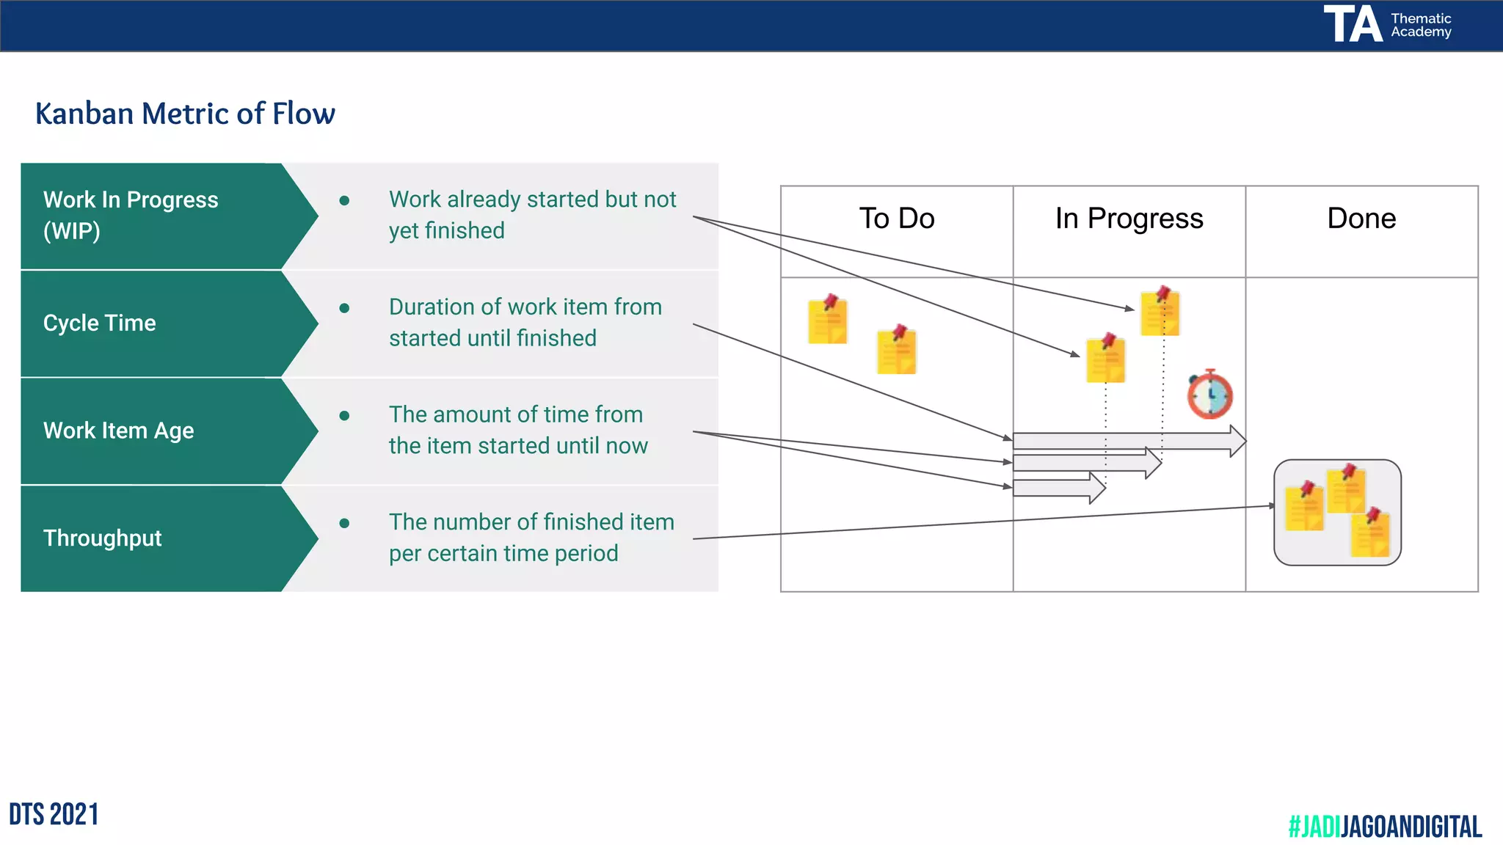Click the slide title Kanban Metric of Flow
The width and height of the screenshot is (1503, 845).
pos(185,114)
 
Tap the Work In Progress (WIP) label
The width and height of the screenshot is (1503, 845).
pos(131,215)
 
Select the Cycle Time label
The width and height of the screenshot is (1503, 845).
pos(100,323)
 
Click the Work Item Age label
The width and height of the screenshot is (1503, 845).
pos(119,431)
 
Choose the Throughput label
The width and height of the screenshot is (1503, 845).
pos(103,538)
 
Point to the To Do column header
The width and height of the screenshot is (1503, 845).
pos(897,219)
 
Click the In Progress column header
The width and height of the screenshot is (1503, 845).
pos(1129,219)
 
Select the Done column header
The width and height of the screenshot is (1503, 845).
pos(1361,219)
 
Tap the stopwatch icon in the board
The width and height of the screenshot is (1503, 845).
pos(1210,395)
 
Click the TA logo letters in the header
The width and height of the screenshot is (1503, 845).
pos(1353,24)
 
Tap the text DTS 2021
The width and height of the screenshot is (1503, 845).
pos(54,814)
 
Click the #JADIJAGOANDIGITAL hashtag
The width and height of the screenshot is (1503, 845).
pos(1385,827)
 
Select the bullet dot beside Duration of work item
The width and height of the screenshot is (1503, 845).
pos(344,308)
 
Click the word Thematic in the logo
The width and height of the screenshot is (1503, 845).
pos(1421,18)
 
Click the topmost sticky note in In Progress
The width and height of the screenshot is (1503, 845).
pos(1160,312)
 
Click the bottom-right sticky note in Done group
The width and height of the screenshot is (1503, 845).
pos(1370,534)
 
